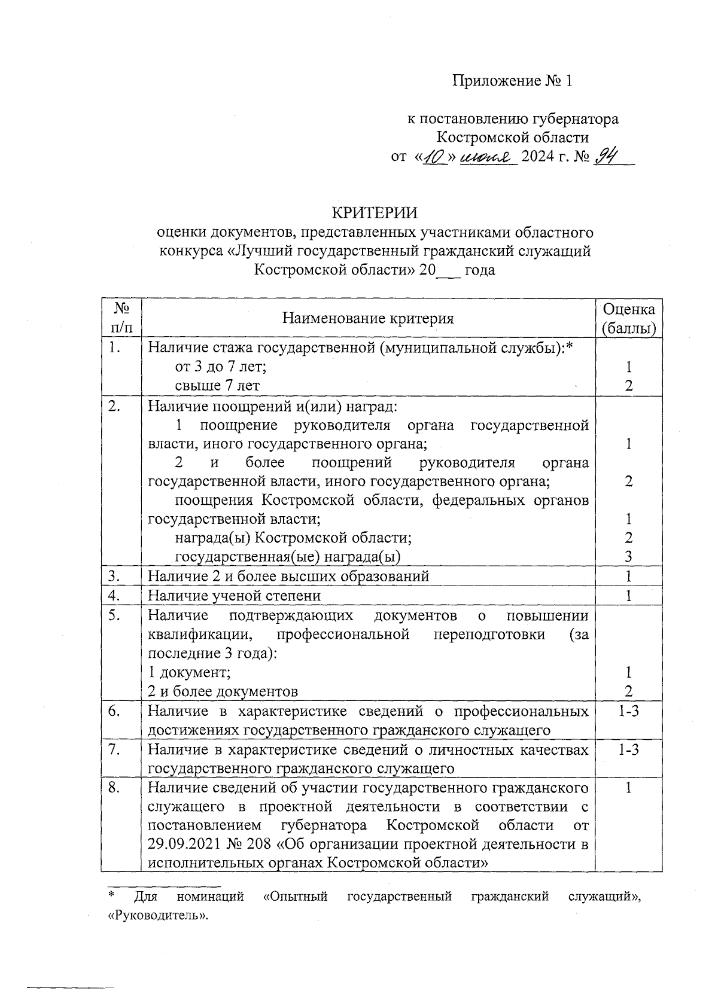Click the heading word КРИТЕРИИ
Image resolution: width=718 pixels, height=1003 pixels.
[375, 213]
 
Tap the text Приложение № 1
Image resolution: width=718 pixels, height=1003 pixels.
[512, 81]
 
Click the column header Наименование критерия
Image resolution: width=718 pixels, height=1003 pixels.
[368, 318]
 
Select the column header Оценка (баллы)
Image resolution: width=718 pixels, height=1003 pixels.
[628, 318]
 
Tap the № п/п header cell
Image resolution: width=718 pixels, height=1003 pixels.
[122, 318]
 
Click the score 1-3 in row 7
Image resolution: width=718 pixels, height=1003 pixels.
[628, 749]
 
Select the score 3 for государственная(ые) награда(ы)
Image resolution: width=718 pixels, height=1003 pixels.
[628, 557]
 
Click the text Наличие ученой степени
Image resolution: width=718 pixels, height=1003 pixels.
[234, 596]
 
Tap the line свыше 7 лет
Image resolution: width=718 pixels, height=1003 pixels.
[217, 386]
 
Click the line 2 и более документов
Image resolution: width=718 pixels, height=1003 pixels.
[223, 692]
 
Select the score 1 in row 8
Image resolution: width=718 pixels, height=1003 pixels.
[628, 788]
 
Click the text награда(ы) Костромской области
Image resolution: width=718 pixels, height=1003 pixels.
[293, 538]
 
